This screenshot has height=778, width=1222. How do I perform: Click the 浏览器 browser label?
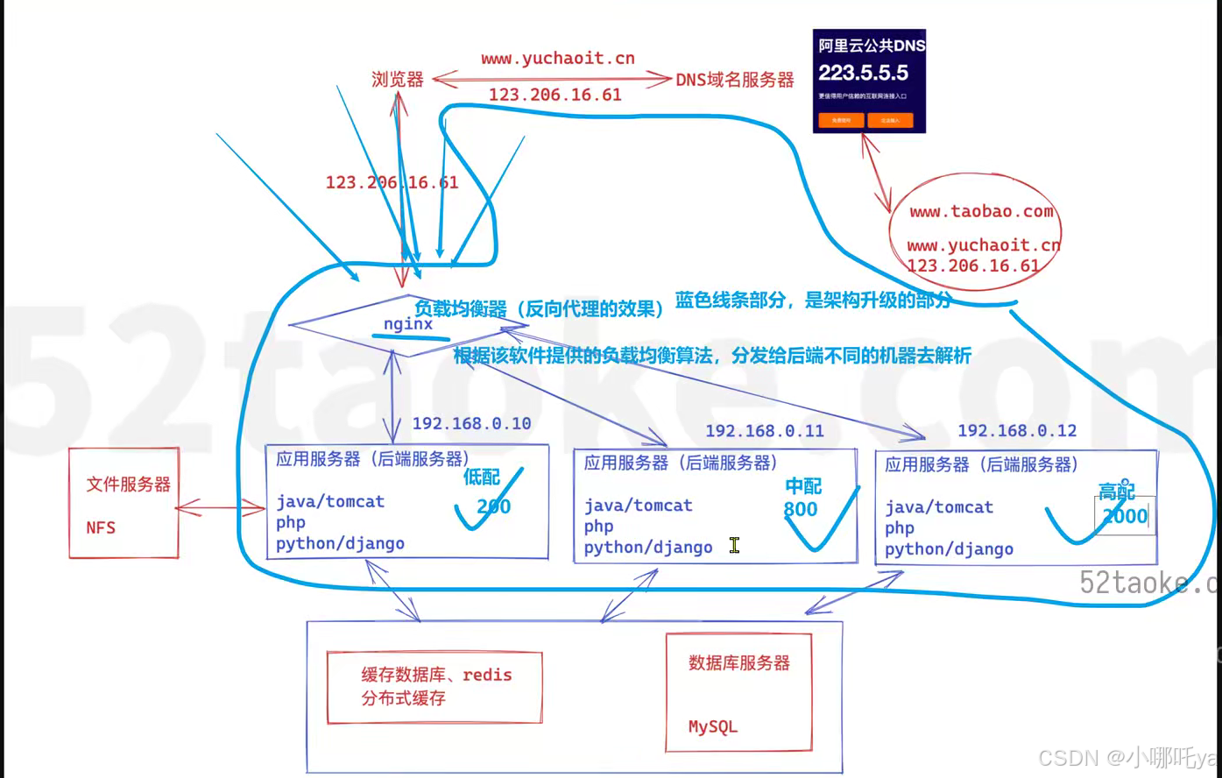(x=398, y=80)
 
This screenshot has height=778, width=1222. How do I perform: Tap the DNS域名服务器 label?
(x=735, y=80)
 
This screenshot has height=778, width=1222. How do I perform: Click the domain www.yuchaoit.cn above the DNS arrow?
(x=557, y=59)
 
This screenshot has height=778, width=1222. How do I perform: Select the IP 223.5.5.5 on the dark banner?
(x=863, y=74)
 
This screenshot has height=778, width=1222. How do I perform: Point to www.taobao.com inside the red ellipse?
(x=980, y=211)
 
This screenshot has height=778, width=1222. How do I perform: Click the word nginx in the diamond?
(x=408, y=323)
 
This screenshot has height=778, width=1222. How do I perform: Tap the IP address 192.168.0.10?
(x=471, y=423)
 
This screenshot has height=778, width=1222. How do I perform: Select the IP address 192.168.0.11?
(x=764, y=431)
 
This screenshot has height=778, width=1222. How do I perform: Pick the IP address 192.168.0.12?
(x=1016, y=431)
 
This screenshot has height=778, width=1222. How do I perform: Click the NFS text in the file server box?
(x=101, y=527)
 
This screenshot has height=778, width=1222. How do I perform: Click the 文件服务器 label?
(x=128, y=484)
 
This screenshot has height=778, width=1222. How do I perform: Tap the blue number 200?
(x=493, y=506)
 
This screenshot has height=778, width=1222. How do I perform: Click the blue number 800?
(x=801, y=509)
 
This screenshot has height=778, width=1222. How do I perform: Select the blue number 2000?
(x=1125, y=516)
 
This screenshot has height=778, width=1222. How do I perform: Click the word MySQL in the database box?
(x=712, y=726)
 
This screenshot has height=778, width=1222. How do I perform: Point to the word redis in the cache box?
(x=487, y=675)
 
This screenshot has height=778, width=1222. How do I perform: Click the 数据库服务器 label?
(x=738, y=663)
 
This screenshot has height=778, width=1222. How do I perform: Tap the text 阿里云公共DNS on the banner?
(x=871, y=46)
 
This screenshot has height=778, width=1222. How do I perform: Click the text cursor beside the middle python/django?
(x=734, y=546)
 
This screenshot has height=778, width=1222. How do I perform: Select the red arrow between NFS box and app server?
(x=221, y=508)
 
